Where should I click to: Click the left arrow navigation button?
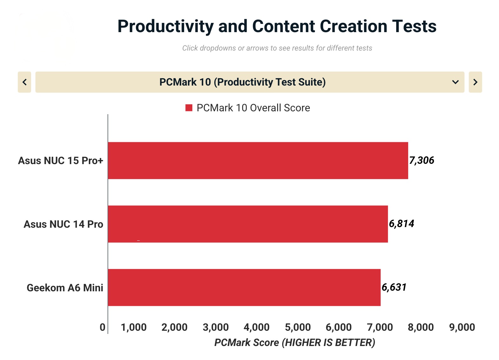coord(24,82)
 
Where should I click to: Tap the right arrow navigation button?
coord(475,82)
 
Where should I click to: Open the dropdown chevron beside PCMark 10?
coord(455,82)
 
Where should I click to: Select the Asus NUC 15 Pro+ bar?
coord(258,160)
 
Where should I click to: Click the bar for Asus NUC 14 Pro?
coord(248,224)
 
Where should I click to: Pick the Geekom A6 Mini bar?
coord(244,287)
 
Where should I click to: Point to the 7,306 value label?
coord(422,160)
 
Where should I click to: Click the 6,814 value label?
coord(402,224)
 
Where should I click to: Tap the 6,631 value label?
coord(394,287)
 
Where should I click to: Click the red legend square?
coord(189,108)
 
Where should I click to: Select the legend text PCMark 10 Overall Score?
coord(253,108)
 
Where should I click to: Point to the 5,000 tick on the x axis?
coord(298,327)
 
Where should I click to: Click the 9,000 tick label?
coord(462,327)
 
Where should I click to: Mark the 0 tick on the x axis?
coord(103,327)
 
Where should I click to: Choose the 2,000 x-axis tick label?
coord(174,327)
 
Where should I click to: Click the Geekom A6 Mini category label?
coord(65,287)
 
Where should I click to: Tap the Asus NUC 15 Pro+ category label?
coord(61,161)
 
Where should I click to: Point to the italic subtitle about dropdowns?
coord(277,48)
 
